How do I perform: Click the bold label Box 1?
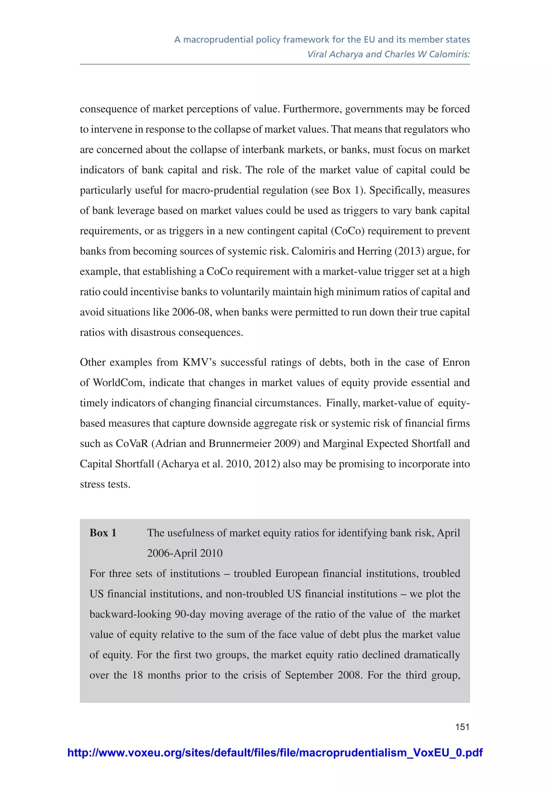(103, 533)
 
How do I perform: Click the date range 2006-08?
(191, 312)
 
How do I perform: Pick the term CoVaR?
(132, 444)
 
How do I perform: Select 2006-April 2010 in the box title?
(185, 553)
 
